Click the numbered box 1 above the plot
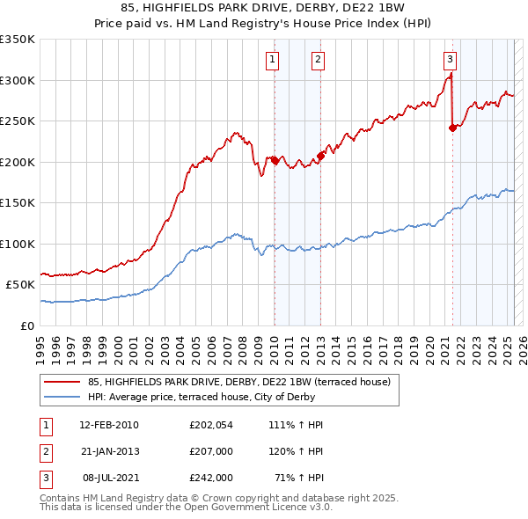click(273, 60)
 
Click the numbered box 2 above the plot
click(317, 60)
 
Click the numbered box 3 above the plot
click(450, 60)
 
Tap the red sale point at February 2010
click(275, 160)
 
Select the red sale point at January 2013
click(320, 156)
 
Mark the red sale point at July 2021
click(452, 128)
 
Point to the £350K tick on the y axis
click(17, 40)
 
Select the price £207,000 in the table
click(210, 451)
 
